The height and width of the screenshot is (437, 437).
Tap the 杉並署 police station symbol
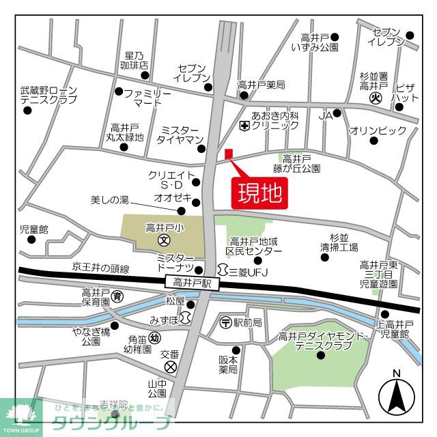(x=375, y=98)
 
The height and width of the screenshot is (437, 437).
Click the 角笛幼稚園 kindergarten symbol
(x=155, y=337)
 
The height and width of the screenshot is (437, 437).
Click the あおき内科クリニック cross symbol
(x=244, y=126)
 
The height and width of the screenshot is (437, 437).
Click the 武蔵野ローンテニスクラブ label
(x=48, y=95)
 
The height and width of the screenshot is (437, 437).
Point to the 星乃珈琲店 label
(x=135, y=60)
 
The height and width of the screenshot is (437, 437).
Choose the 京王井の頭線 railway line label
(x=101, y=268)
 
